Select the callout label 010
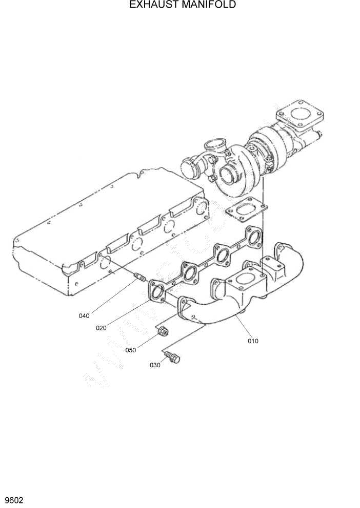tap(253, 341)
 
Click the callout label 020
tap(101, 328)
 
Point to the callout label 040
tap(84, 316)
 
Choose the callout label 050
tap(131, 350)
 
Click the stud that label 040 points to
tap(139, 279)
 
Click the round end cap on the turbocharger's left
tap(189, 168)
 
